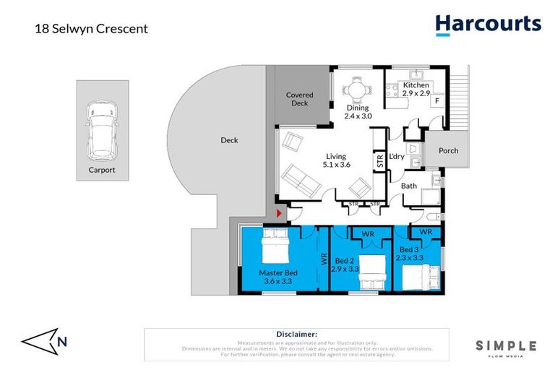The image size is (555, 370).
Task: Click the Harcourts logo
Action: click(488, 24)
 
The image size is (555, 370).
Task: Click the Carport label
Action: click(102, 171)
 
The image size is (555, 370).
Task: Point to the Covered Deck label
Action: click(299, 99)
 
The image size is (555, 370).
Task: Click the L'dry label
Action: click(397, 157)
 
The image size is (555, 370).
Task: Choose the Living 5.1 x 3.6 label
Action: click(336, 160)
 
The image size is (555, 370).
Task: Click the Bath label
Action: click(409, 186)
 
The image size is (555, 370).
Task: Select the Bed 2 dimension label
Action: click(345, 264)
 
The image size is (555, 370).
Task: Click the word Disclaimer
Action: click(296, 334)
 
